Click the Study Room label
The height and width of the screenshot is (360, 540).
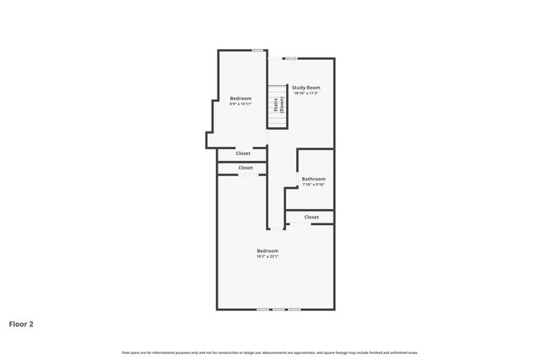point(306,88)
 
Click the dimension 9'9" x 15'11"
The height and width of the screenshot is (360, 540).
point(240,105)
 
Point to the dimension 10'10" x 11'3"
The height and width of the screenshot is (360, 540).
point(306,94)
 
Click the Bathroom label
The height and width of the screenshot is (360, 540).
point(314,179)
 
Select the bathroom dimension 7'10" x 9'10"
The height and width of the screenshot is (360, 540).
point(314,185)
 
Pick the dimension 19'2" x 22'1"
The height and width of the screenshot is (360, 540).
point(267,256)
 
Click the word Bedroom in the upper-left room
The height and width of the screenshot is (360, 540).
point(240,99)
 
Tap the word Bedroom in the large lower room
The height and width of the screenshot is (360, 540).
point(267,250)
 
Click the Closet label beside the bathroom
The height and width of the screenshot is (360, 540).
point(311,218)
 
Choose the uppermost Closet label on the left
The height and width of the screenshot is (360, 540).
point(243,153)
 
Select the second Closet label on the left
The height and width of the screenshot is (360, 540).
point(246,168)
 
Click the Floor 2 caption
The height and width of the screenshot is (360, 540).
point(21,323)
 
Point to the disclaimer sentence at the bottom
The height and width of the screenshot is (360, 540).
point(269,352)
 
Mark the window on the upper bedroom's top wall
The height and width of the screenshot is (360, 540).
point(257,51)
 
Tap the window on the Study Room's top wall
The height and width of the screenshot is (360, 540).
point(291,58)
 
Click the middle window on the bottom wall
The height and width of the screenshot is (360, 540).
point(278,309)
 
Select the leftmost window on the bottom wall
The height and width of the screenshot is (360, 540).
point(262,309)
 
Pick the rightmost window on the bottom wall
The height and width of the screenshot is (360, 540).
point(294,309)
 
